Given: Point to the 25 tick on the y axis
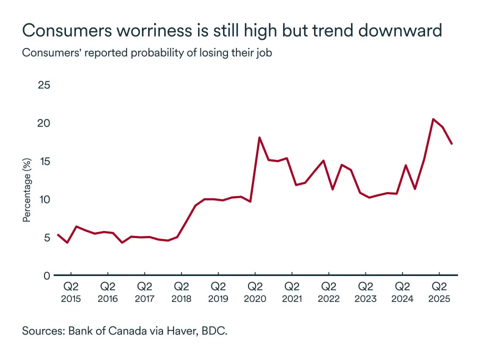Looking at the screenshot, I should pyautogui.click(x=44, y=85).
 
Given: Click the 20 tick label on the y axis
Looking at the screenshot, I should pyautogui.click(x=44, y=123).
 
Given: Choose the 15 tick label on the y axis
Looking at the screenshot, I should pyautogui.click(x=44, y=161).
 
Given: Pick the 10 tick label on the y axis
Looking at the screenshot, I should pyautogui.click(x=44, y=199).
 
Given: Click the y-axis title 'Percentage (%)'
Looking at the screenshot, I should pyautogui.click(x=28, y=190).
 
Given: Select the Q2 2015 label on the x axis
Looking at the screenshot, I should pyautogui.click(x=71, y=292).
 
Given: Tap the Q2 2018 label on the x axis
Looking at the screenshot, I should pyautogui.click(x=181, y=292).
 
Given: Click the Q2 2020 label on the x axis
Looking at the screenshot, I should pyautogui.click(x=255, y=292).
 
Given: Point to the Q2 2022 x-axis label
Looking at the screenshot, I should pyautogui.click(x=328, y=292).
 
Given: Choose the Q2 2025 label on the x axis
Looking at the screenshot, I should pyautogui.click(x=439, y=292).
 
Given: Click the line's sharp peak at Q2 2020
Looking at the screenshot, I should pyautogui.click(x=259, y=137).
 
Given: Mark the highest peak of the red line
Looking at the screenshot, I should pyautogui.click(x=433, y=119).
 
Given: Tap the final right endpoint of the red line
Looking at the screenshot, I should pyautogui.click(x=452, y=144).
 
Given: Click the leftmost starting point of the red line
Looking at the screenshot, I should pyautogui.click(x=58, y=234).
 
